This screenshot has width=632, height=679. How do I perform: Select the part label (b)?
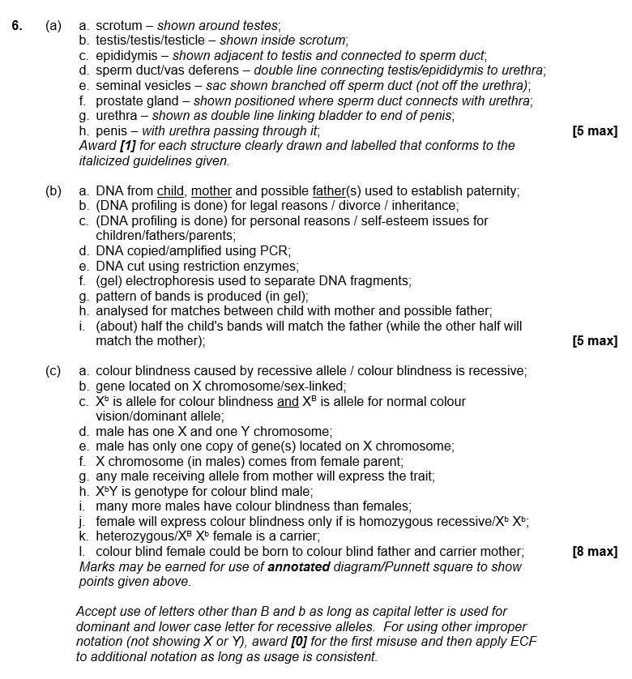[x=54, y=191]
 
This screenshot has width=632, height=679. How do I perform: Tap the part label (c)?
[x=54, y=371]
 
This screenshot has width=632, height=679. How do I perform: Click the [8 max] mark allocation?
[x=594, y=552]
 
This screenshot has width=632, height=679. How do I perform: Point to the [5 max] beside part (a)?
[x=594, y=131]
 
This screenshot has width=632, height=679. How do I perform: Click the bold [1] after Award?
[x=127, y=146]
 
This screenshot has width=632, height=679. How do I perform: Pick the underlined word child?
[x=170, y=191]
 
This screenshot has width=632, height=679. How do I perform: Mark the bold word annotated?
[x=298, y=567]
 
